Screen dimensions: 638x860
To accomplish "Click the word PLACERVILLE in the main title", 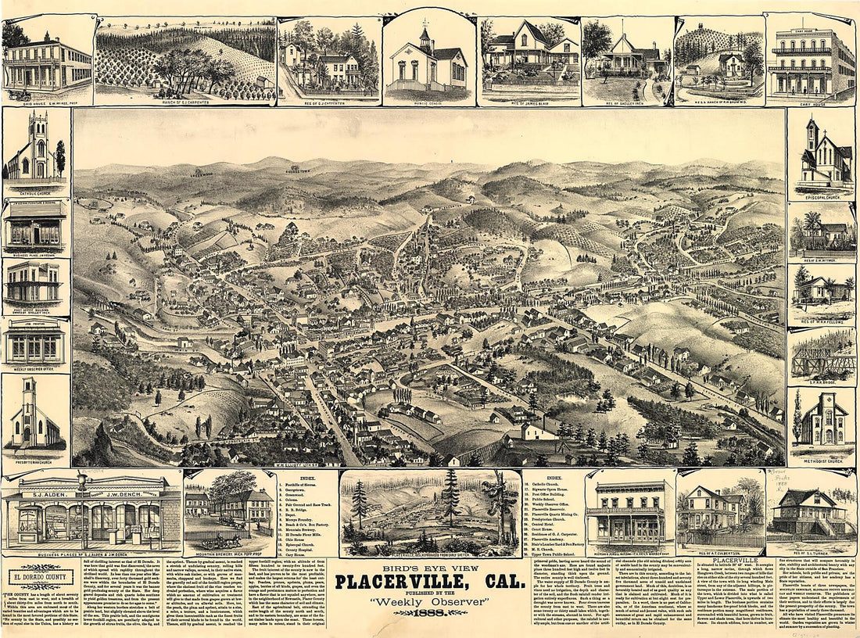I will pyautogui.click(x=404, y=582).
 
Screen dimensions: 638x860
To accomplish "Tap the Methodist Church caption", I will pyautogui.click(x=823, y=461).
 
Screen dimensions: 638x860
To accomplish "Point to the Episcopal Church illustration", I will pyautogui.click(x=823, y=156).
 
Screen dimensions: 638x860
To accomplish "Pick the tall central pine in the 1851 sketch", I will pyautogui.click(x=450, y=500).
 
